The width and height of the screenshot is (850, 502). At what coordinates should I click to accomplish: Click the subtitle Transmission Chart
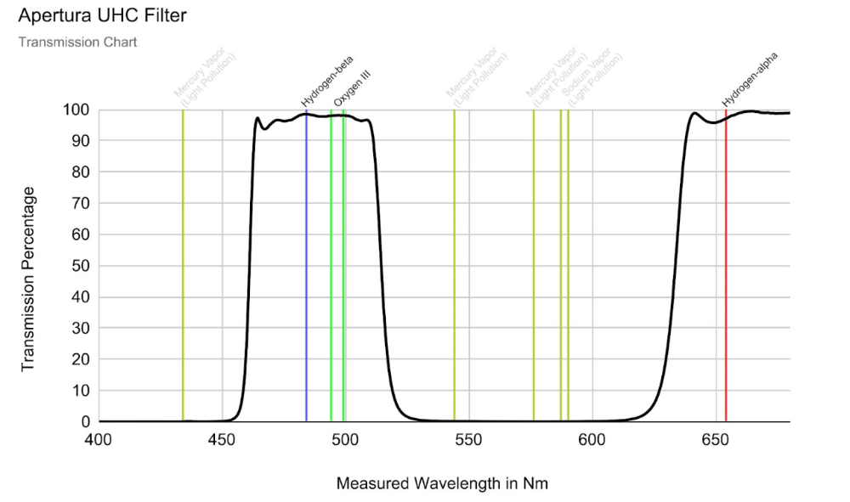pos(77,42)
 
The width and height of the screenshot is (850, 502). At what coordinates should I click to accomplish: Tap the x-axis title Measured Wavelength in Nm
pos(442,483)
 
